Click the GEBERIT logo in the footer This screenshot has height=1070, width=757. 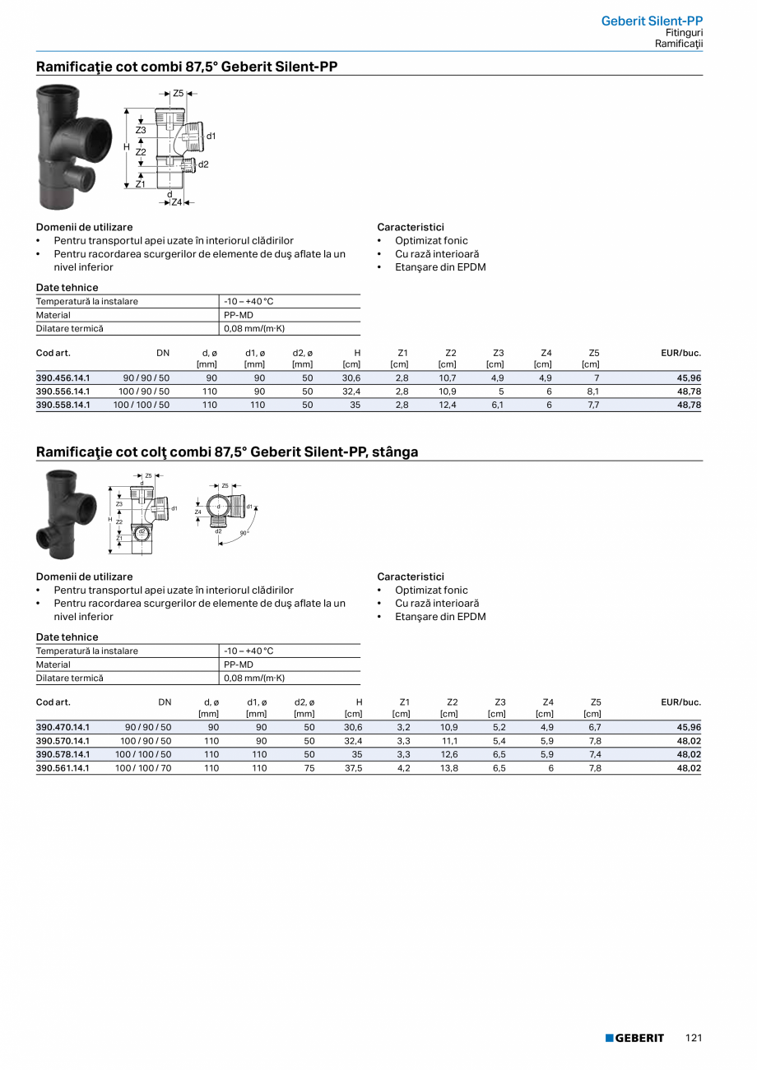pos(634,1038)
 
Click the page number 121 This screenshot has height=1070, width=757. pos(694,1038)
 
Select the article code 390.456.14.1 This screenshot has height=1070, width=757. pos(63,378)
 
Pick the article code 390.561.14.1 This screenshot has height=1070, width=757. pos(63,768)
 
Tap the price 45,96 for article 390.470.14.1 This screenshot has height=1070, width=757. pos(689,727)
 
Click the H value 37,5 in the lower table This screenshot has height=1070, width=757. pos(353,768)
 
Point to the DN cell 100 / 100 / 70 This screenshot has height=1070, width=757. pos(143,768)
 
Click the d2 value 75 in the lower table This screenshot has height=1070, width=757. pos(309,768)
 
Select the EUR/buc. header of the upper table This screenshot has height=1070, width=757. pos(680,353)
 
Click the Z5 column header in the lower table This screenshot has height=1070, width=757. pos(595,702)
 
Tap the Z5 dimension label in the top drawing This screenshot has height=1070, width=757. pos(178,94)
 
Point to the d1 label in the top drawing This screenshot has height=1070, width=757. pos(211,136)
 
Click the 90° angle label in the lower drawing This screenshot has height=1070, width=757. pos(244,534)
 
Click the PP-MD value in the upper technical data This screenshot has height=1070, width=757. pos(239,315)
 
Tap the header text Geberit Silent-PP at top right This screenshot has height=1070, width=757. pos(652,21)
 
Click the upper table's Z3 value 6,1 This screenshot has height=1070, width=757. pos(497,405)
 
